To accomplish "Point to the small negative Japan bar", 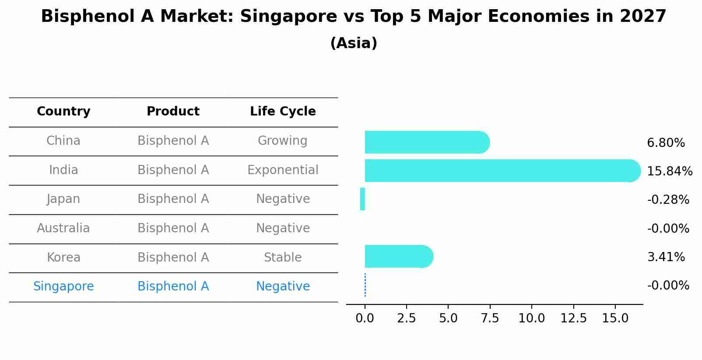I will pyautogui.click(x=362, y=199).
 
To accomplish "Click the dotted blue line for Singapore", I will pyautogui.click(x=365, y=285).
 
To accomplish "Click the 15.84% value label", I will pyautogui.click(x=669, y=171).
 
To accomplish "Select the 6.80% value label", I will pyautogui.click(x=665, y=143).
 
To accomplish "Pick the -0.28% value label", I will pyautogui.click(x=668, y=199).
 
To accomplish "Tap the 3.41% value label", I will pyautogui.click(x=665, y=257).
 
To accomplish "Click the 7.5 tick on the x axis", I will pyautogui.click(x=490, y=318).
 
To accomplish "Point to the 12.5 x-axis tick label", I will pyautogui.click(x=573, y=318).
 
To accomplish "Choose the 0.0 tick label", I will pyautogui.click(x=365, y=318).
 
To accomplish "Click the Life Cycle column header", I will pyautogui.click(x=283, y=112).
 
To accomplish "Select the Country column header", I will pyautogui.click(x=63, y=112).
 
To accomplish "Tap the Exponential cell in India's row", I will pyautogui.click(x=283, y=170).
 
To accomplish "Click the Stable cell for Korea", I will pyautogui.click(x=283, y=257).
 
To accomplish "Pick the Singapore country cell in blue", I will pyautogui.click(x=63, y=286).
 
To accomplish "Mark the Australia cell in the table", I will pyautogui.click(x=63, y=228).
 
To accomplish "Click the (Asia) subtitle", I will pyautogui.click(x=354, y=43).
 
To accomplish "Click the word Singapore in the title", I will pyautogui.click(x=289, y=17).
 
